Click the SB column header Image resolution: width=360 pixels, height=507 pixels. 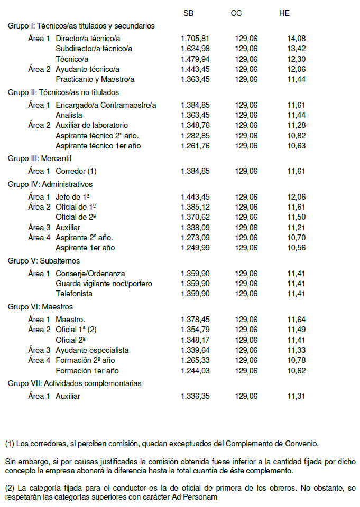click(x=188, y=13)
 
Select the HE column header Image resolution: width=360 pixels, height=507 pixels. click(x=284, y=13)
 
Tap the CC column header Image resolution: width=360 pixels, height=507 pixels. click(x=236, y=13)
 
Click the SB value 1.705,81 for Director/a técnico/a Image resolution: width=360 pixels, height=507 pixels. click(x=195, y=39)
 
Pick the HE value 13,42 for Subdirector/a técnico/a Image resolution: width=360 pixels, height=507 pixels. click(x=297, y=49)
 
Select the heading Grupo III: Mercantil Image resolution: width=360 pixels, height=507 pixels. click(x=40, y=158)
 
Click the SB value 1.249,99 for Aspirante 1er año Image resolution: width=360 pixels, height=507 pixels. click(x=195, y=248)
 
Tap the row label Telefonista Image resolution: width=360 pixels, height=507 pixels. click(x=74, y=294)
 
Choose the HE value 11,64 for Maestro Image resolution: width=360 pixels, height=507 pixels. click(x=297, y=320)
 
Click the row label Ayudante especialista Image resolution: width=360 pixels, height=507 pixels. click(x=92, y=350)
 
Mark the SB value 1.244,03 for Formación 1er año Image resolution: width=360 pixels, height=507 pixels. click(x=195, y=371)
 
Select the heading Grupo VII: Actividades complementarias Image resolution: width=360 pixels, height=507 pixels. click(x=75, y=383)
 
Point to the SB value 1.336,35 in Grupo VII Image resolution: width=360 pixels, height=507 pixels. click(x=195, y=396)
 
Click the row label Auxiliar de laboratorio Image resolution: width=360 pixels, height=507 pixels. click(x=91, y=125)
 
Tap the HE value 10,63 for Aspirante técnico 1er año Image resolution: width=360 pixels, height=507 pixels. click(x=297, y=146)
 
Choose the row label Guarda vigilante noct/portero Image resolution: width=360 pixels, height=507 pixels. click(x=104, y=284)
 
